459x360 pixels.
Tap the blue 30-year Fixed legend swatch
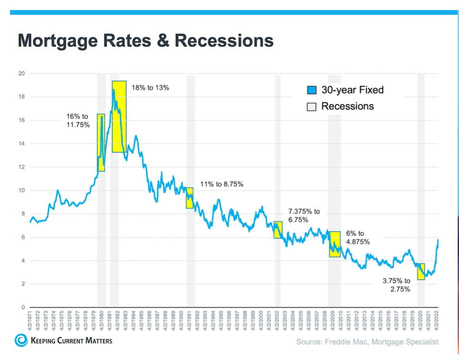click(x=312, y=90)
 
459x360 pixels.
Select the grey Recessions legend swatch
click(x=312, y=107)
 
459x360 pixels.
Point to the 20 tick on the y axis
click(x=22, y=74)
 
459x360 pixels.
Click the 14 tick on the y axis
click(x=22, y=143)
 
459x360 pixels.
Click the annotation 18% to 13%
click(x=151, y=88)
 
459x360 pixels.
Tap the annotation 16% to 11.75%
click(x=78, y=121)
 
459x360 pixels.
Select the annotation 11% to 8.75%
click(x=221, y=184)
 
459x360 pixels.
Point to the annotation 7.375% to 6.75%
click(x=304, y=216)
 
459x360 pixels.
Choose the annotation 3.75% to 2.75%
click(x=396, y=285)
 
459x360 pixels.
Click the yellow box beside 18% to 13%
click(x=119, y=117)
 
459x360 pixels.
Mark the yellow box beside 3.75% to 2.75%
click(x=421, y=272)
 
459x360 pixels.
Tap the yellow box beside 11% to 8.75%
click(x=189, y=198)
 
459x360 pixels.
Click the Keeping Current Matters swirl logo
click(x=21, y=340)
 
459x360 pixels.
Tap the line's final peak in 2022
click(x=438, y=240)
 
